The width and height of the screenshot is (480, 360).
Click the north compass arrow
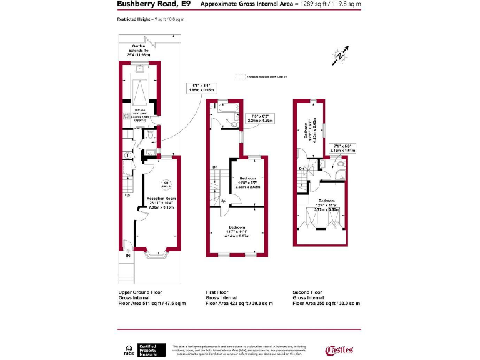pyautogui.click(x=341, y=55)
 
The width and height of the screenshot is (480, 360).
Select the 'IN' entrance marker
pyautogui.click(x=128, y=256)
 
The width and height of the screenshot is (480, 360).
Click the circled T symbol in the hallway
pyautogui.click(x=128, y=154)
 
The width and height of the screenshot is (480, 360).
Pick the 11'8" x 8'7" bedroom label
pyautogui.click(x=248, y=182)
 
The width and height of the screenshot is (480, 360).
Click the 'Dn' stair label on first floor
pyautogui.click(x=215, y=167)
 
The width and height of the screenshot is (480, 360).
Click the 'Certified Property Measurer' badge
pyautogui.click(x=151, y=350)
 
